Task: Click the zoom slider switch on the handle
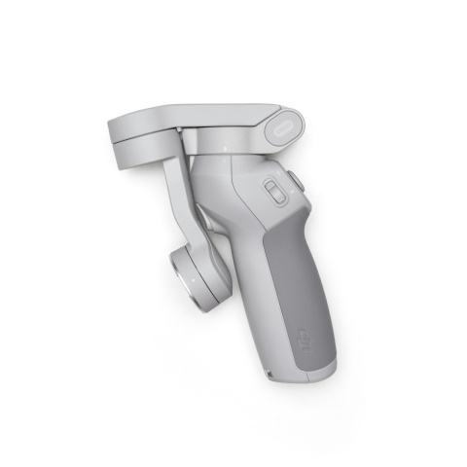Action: click(x=274, y=192)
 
